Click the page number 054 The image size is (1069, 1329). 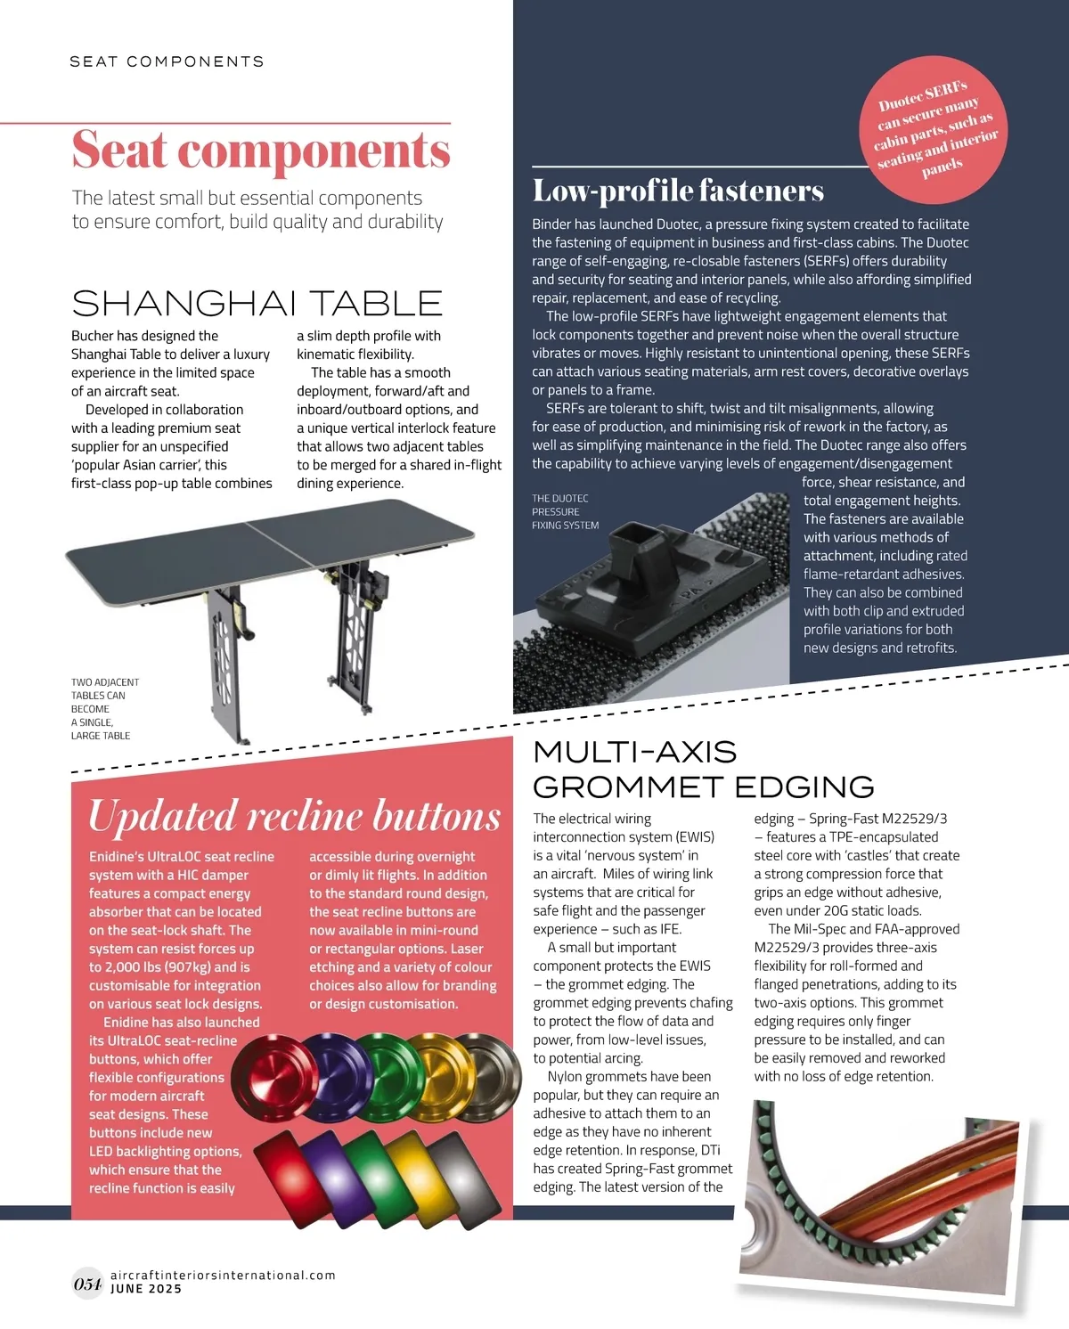[87, 1284]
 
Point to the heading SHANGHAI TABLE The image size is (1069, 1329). [257, 304]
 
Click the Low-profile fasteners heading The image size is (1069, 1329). [678, 191]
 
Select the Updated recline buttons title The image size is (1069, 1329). [294, 815]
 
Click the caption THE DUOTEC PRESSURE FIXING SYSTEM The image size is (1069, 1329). [565, 512]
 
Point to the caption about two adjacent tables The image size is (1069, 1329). [104, 709]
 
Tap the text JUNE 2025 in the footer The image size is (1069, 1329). [146, 1289]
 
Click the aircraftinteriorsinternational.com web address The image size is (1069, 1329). [223, 1275]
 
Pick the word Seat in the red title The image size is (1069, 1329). [119, 150]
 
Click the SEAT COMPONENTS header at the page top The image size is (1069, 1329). [167, 61]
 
